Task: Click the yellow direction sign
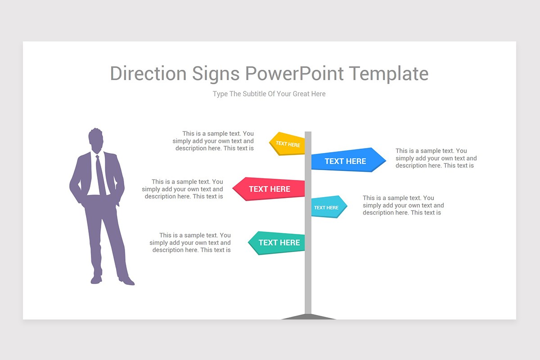(x=288, y=144)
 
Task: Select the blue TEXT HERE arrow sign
(x=346, y=161)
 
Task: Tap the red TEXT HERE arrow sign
(x=270, y=189)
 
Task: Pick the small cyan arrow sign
(x=328, y=207)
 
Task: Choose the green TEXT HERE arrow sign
(x=278, y=243)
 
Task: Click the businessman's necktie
(x=100, y=175)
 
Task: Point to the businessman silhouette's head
(x=95, y=140)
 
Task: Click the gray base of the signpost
(x=309, y=316)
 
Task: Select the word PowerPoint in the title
(x=295, y=74)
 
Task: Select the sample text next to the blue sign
(x=436, y=158)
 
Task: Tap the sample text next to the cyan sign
(x=403, y=205)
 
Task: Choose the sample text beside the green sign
(x=191, y=243)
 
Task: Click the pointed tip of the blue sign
(x=385, y=160)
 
